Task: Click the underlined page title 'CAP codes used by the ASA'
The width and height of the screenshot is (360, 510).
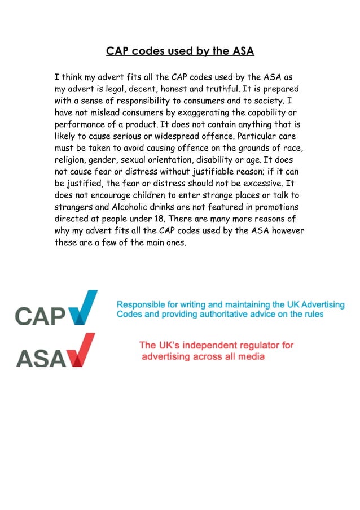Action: point(180,51)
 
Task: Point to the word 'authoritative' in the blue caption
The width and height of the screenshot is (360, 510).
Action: point(230,314)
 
